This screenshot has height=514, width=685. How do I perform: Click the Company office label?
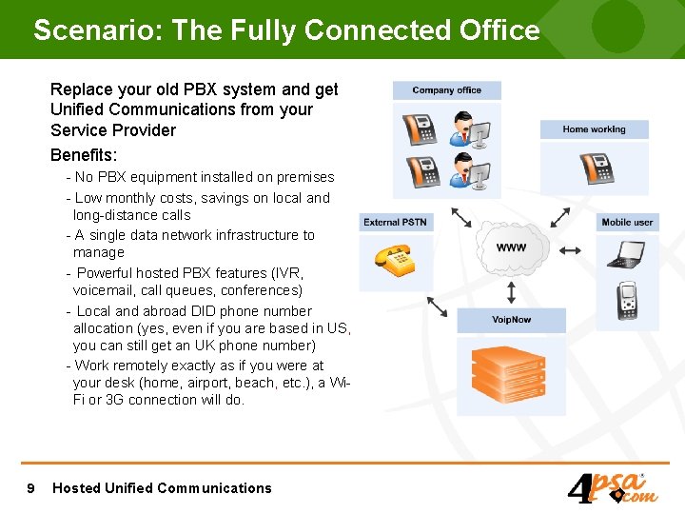pos(446,90)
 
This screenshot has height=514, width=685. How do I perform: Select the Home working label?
pos(594,129)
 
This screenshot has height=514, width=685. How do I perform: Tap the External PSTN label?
pos(395,222)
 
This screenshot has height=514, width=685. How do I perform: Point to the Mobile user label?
pos(628,222)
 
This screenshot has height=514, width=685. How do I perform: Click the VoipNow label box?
pos(511,320)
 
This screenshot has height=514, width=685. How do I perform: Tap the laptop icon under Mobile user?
pos(627,255)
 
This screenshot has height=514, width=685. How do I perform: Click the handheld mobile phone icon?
pos(627,301)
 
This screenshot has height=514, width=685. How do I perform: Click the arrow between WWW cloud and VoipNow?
pos(512,289)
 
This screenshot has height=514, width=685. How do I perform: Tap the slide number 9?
pos(31,488)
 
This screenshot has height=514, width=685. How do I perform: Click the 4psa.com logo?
pos(612,487)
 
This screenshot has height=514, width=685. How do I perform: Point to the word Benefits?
pos(83,154)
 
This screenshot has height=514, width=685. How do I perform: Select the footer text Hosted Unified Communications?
pos(162,488)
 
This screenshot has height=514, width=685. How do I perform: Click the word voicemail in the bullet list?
pos(108,290)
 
